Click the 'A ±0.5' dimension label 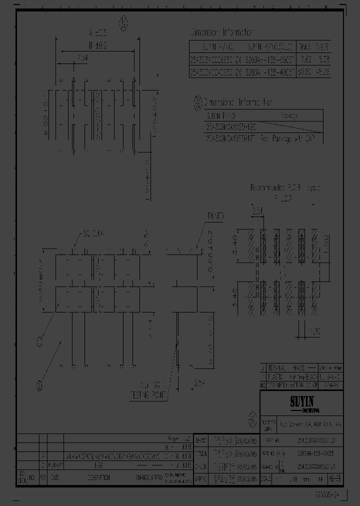click(x=97, y=33)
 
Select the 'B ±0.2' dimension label click(x=98, y=45)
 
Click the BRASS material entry click(x=296, y=366)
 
